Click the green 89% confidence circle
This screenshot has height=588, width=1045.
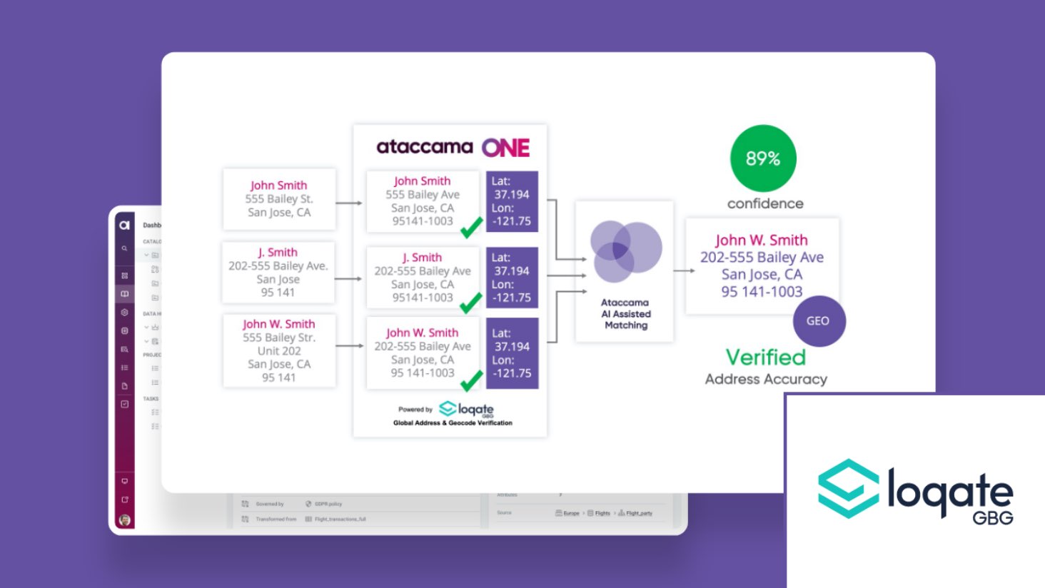click(x=762, y=158)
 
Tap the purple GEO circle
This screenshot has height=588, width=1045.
click(x=819, y=321)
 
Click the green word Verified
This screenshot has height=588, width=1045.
click(x=765, y=357)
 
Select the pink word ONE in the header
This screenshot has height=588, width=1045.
click(x=505, y=148)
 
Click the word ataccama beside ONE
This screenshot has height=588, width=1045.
click(x=424, y=147)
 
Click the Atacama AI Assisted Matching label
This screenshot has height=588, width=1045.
click(x=626, y=314)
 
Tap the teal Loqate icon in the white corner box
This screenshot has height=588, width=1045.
click(x=848, y=488)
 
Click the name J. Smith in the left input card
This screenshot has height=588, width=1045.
click(x=278, y=252)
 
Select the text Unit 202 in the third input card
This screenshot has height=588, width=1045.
click(x=279, y=350)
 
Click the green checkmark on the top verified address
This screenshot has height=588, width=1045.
click(x=471, y=228)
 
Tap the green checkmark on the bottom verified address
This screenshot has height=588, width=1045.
click(x=471, y=382)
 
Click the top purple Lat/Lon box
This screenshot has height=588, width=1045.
click(x=512, y=201)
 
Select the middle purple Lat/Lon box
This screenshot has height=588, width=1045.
click(x=512, y=278)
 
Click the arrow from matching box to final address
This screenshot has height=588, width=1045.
click(x=684, y=270)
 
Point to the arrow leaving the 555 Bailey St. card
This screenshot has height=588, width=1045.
click(x=349, y=203)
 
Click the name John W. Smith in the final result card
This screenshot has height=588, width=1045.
click(x=762, y=240)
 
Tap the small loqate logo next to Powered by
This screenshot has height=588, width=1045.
click(x=467, y=410)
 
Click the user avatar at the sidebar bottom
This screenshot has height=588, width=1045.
click(x=125, y=519)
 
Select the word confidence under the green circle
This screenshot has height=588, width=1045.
click(x=765, y=203)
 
